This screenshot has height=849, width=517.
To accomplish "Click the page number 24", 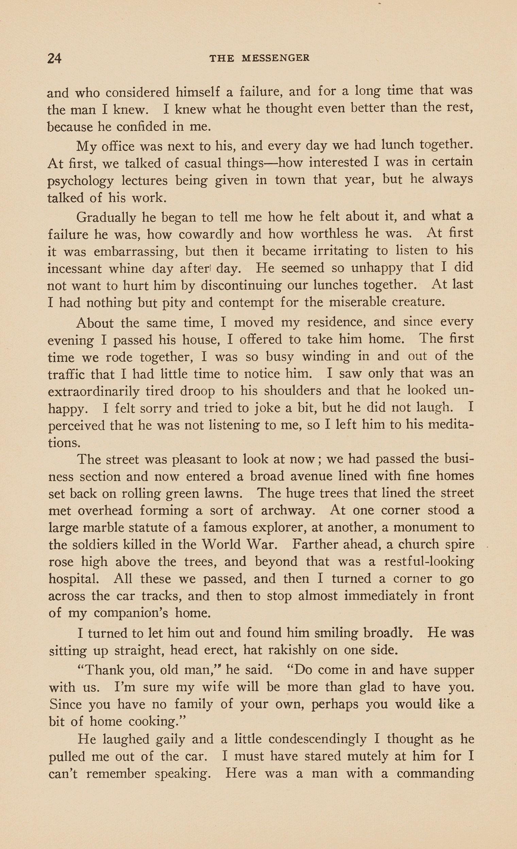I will pos(54,58).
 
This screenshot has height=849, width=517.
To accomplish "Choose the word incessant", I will pos(74,269).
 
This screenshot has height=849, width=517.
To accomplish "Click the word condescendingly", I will pos(317,739).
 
